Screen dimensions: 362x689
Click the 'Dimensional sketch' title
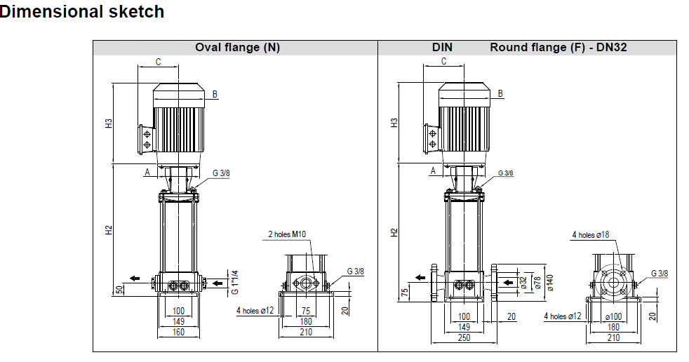pos(82,12)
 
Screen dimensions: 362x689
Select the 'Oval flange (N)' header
pos(237,48)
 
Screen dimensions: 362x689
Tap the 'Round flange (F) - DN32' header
pos(558,48)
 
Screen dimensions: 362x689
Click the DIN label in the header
pos(442,48)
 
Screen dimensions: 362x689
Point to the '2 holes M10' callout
pos(287,234)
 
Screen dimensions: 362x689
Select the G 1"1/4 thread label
pos(235,282)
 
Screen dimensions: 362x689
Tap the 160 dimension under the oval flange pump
pos(178,333)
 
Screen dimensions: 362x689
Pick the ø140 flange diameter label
pos(550,282)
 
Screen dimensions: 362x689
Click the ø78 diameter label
pos(537,282)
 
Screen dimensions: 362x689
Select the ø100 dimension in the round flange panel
pos(613,316)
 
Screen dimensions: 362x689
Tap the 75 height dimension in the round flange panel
pos(406,292)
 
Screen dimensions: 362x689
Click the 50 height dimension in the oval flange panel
pos(120,288)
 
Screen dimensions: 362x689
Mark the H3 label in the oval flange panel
pos(109,123)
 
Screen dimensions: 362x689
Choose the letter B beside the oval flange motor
pos(215,94)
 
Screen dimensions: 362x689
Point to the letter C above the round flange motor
pos(443,61)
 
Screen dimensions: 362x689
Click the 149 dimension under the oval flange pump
pos(178,321)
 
